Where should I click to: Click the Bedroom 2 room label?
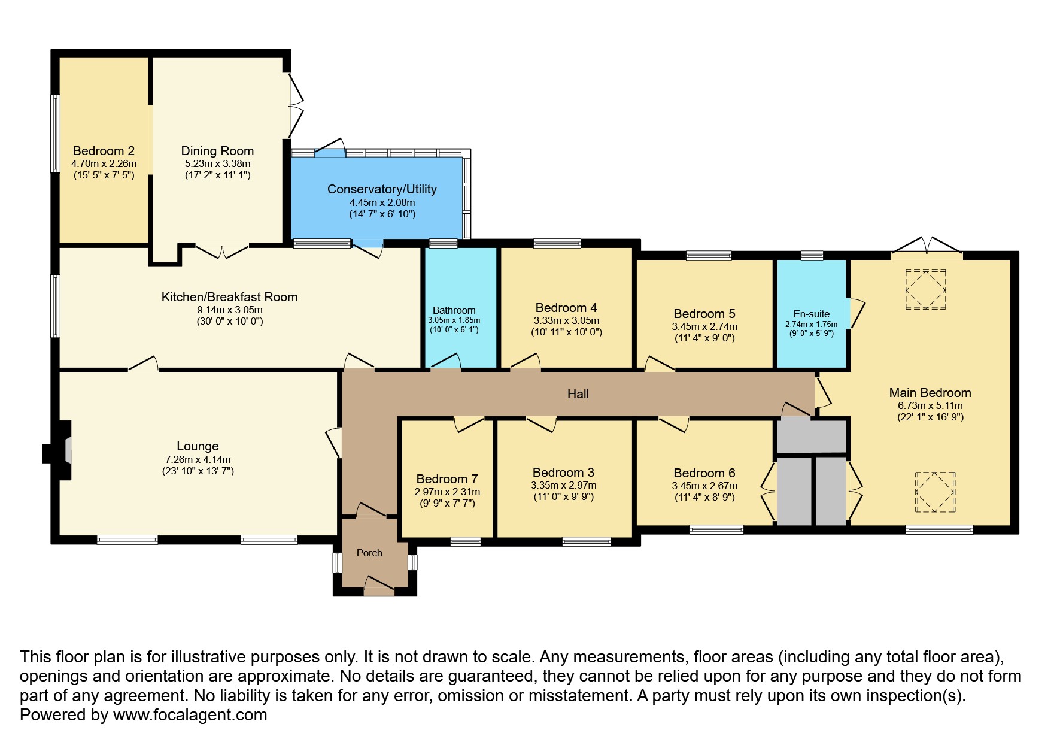(104, 151)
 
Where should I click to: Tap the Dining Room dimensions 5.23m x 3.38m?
(217, 163)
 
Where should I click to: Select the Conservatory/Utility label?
(382, 189)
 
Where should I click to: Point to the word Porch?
(369, 553)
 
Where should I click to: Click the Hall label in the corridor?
(578, 394)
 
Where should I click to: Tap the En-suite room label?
(811, 314)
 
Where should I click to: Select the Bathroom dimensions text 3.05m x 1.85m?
(454, 320)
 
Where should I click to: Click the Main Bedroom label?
(930, 393)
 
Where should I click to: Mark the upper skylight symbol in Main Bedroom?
(925, 289)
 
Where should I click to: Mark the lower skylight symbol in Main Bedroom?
(934, 492)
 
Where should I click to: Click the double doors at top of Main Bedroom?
(927, 246)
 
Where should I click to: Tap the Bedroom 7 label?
(447, 479)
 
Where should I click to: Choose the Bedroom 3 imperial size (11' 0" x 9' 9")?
(563, 496)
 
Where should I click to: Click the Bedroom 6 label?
(704, 473)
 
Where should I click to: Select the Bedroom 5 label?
(704, 314)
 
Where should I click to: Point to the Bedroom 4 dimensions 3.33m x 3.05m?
(566, 320)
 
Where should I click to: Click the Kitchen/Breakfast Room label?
(229, 297)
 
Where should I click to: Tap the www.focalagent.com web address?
(190, 715)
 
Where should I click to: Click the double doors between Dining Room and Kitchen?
(222, 252)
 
